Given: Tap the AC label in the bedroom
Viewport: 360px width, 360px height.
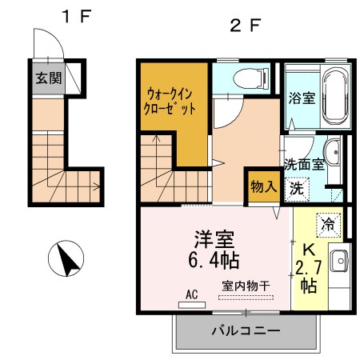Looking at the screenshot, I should (192, 294).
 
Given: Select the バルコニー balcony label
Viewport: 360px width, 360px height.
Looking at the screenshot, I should (246, 330).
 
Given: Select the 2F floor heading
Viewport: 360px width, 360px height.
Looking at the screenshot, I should (246, 24).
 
